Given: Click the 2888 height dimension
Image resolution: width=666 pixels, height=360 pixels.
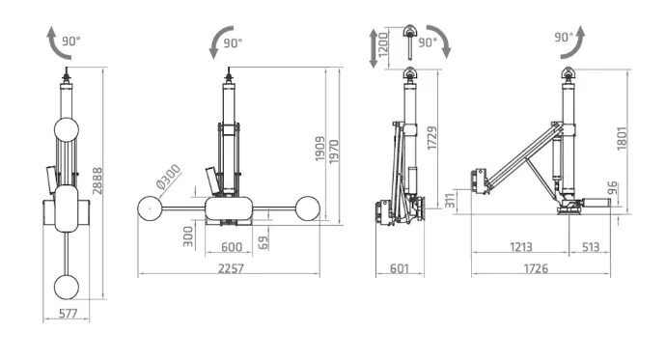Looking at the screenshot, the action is click(x=98, y=181).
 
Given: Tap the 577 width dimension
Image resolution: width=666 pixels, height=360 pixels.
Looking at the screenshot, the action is click(x=68, y=314).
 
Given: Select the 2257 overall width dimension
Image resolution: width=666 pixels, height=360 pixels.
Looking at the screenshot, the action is click(x=231, y=268).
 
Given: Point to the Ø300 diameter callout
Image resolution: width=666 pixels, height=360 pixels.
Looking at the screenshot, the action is click(x=169, y=177).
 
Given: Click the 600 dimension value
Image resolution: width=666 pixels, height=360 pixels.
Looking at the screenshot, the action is click(x=232, y=247).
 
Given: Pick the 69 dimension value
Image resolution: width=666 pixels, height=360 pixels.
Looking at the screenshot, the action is click(x=264, y=243).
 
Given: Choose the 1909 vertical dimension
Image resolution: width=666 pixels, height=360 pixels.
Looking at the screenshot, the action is click(x=320, y=149).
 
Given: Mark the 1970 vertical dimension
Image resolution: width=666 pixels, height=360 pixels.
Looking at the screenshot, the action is click(x=334, y=152).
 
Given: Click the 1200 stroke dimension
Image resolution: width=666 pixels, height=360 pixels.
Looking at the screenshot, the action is click(x=383, y=44).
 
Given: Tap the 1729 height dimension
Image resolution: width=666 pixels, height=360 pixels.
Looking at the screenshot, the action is click(x=432, y=138).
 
